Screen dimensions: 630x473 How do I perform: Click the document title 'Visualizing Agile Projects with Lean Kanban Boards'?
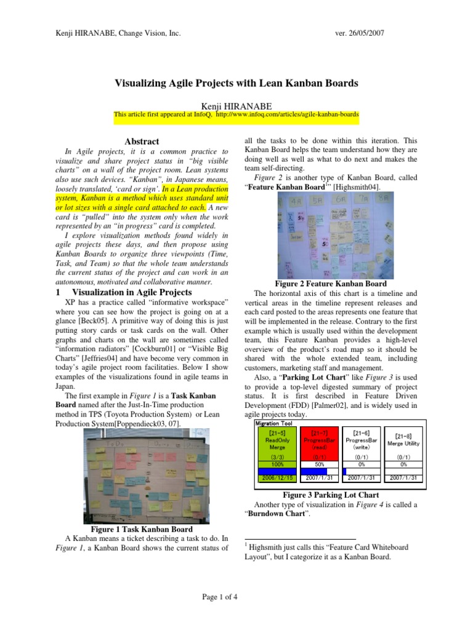236,82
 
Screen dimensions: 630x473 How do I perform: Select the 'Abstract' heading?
142,142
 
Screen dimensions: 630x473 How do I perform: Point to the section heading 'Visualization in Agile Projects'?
132,292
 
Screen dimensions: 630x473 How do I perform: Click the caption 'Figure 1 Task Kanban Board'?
142,529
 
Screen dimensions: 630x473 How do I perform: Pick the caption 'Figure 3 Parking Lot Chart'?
330,495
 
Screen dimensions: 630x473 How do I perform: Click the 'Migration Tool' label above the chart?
273,423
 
